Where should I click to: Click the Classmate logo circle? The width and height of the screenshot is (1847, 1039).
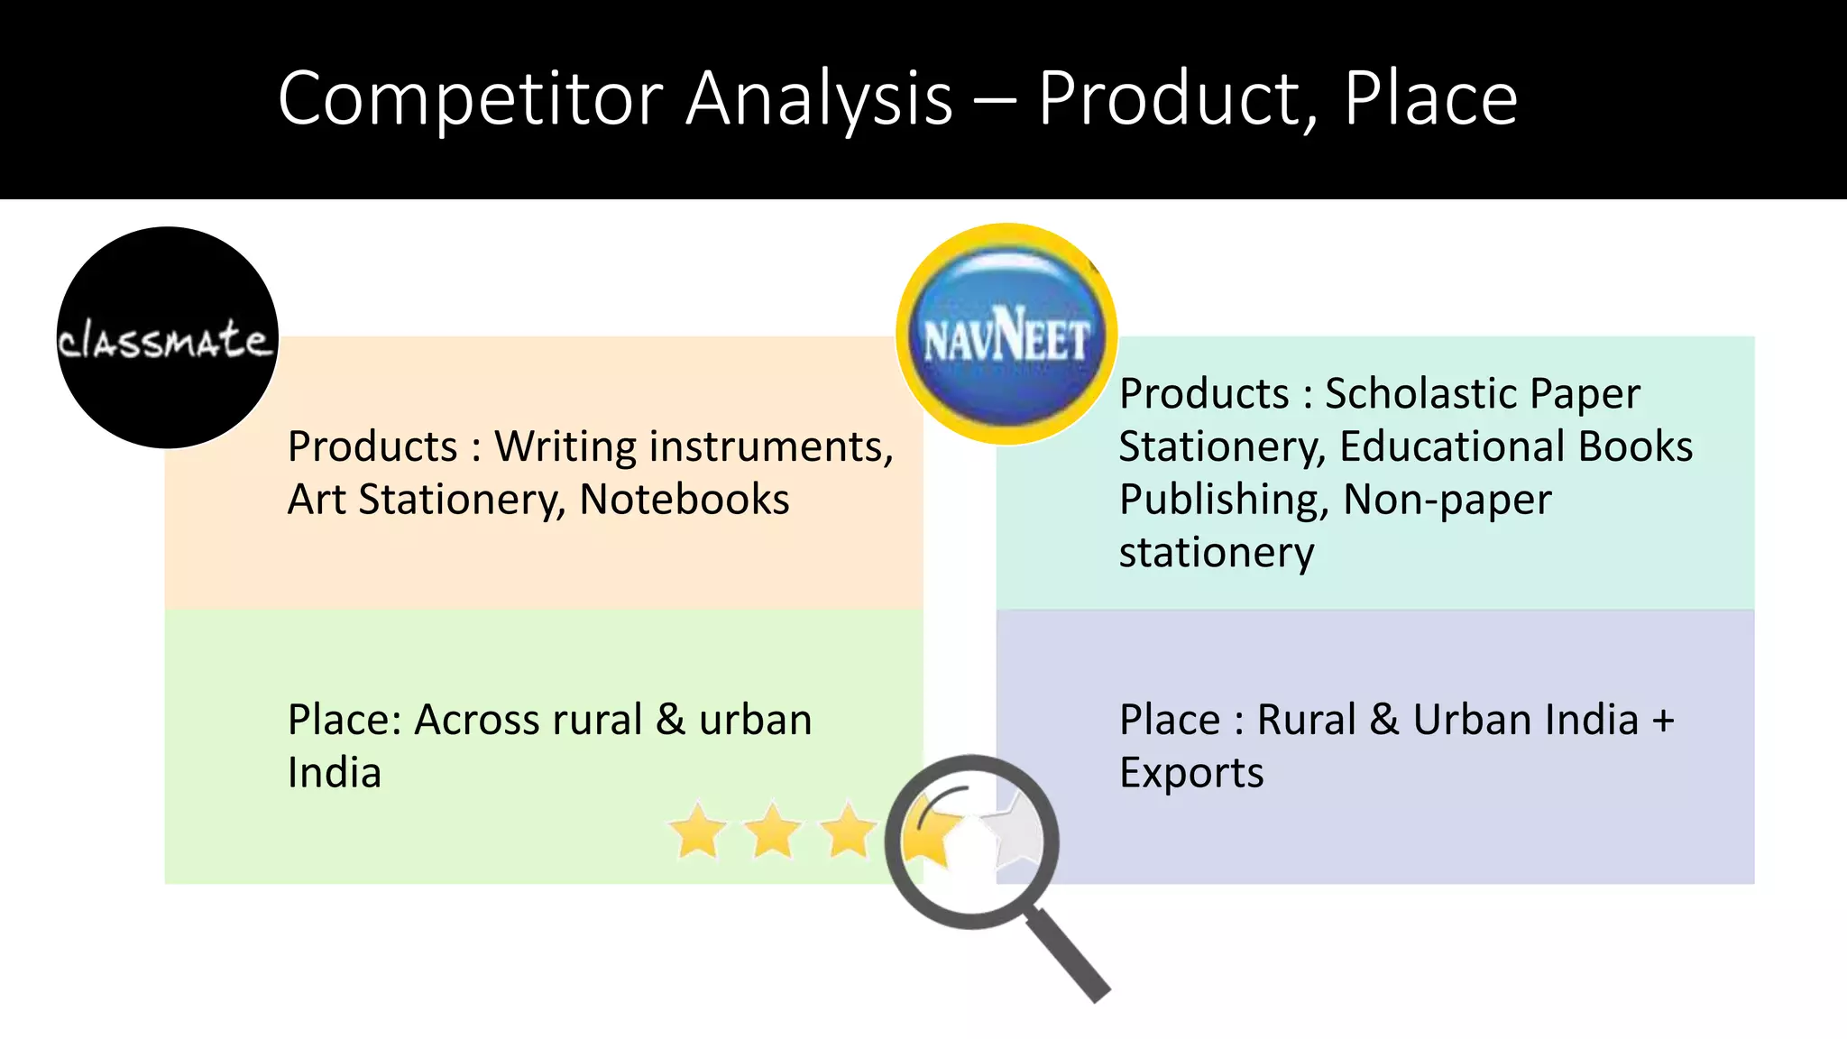[x=168, y=337]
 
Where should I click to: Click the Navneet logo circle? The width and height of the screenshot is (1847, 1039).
[x=1006, y=335]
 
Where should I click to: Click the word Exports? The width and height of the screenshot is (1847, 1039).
[x=1191, y=773]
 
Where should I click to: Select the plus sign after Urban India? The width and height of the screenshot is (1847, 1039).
[x=1662, y=721]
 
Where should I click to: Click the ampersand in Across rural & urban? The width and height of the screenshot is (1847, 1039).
[x=670, y=721]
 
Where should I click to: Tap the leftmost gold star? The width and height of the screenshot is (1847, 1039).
[x=698, y=831]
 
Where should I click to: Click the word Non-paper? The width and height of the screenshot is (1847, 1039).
[x=1447, y=501]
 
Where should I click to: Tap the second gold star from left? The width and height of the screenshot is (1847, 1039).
[x=773, y=831]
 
